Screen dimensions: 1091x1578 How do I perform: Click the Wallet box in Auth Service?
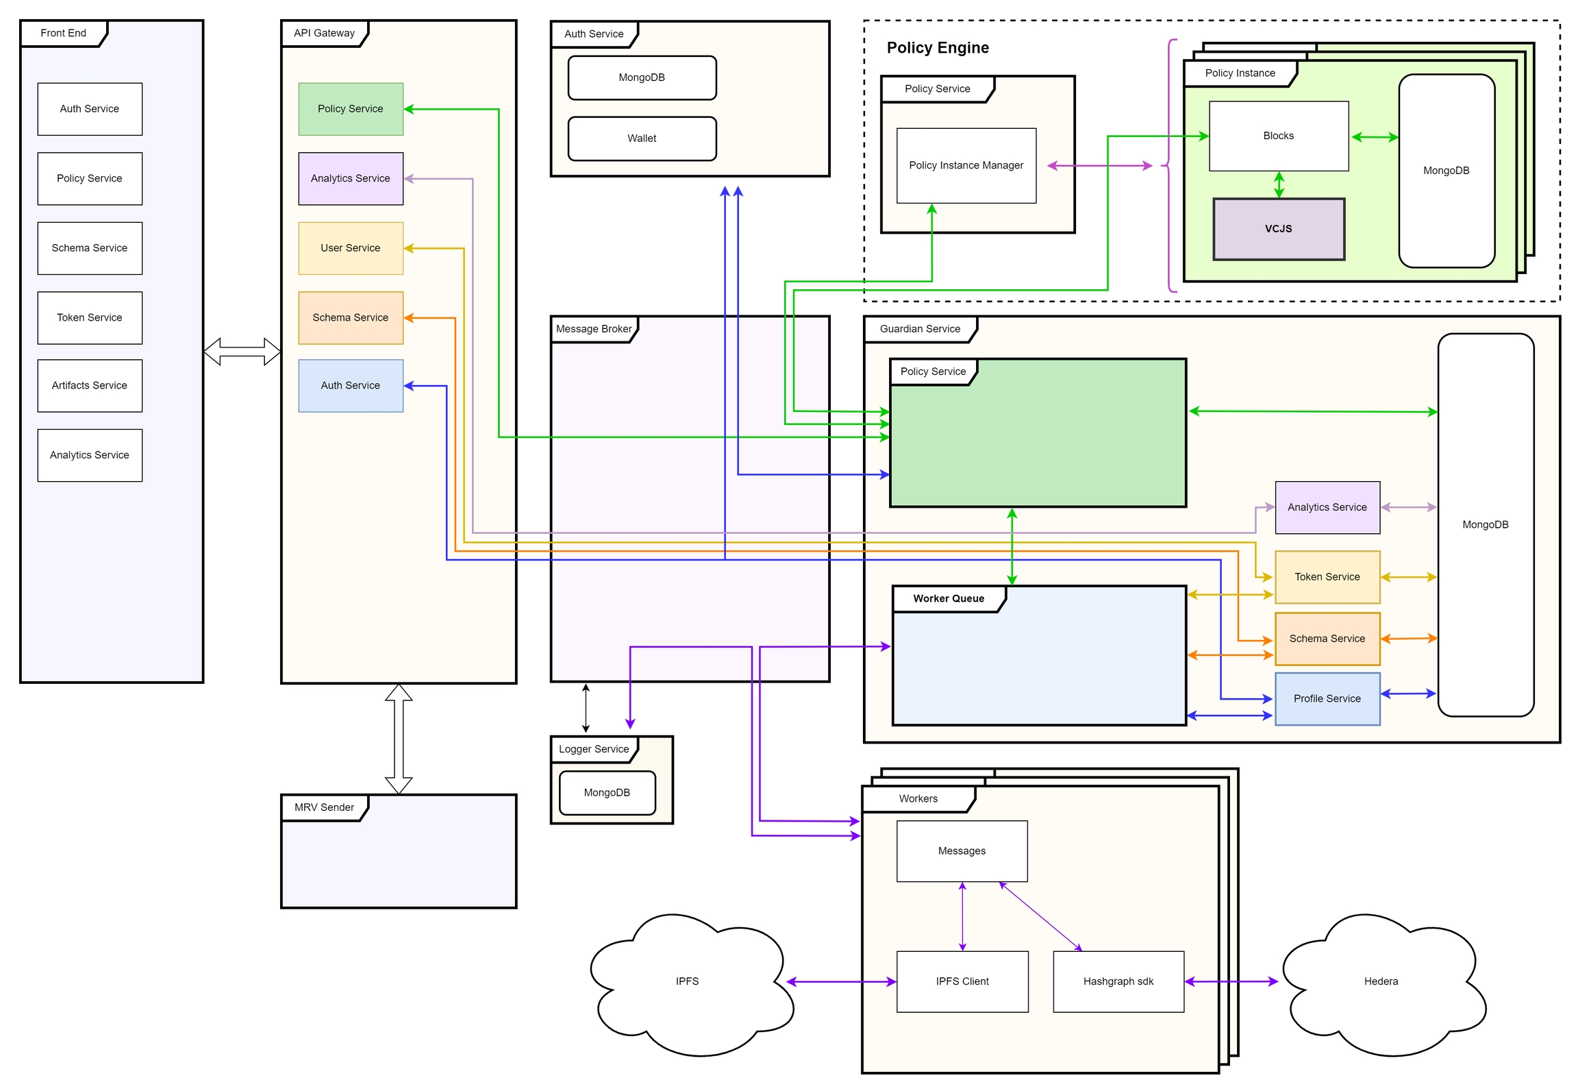coord(642,138)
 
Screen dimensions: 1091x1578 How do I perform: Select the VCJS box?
coord(1278,229)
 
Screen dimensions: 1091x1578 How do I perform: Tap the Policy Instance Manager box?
coord(966,165)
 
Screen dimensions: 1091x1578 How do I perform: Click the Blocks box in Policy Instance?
coord(1278,136)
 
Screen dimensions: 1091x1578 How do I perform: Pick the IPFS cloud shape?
coord(687,981)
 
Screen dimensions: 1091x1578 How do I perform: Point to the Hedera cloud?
coord(1381,981)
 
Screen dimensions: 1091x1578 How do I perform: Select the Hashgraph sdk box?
coord(1118,981)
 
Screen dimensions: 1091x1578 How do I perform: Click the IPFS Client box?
coord(962,981)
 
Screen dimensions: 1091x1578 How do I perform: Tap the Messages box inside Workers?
coord(962,850)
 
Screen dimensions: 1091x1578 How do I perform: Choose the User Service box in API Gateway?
coord(350,248)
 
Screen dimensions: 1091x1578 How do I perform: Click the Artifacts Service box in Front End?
coord(90,385)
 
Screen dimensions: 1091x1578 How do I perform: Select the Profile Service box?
coord(1327,698)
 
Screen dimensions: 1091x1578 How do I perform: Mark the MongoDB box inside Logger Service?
coord(607,792)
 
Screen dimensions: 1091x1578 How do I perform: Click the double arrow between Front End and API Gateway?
coord(242,352)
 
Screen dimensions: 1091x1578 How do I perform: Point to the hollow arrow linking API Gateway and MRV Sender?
coord(398,739)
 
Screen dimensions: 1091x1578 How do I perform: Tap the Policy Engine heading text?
coord(938,47)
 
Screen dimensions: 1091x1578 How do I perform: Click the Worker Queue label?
coord(949,598)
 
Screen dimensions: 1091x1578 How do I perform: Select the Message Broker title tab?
coord(594,329)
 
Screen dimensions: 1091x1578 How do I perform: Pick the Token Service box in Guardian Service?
coord(1327,577)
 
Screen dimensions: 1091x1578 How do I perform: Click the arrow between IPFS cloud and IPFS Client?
coord(841,982)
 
